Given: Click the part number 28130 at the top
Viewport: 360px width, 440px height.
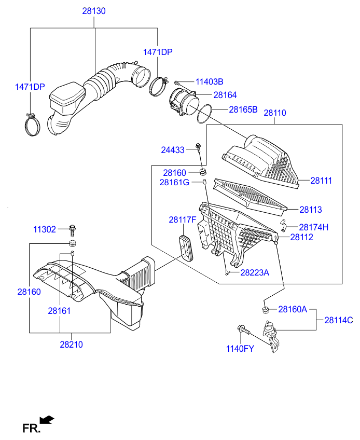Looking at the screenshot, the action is [94, 11].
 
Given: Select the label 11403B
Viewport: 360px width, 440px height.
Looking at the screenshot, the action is [210, 81].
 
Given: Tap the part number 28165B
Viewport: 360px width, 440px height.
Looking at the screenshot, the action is [243, 109].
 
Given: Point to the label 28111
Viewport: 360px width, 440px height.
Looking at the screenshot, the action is [321, 181].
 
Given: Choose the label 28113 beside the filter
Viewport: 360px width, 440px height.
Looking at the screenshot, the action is [311, 210].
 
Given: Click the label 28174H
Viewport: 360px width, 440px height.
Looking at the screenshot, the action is [313, 227].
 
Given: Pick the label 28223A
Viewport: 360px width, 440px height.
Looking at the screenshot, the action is [255, 272].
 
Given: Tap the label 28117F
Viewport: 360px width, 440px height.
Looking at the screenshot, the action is [183, 219].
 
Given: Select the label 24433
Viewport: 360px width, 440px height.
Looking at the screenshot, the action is [173, 150].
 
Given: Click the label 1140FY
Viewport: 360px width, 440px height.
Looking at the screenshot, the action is [240, 349].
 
